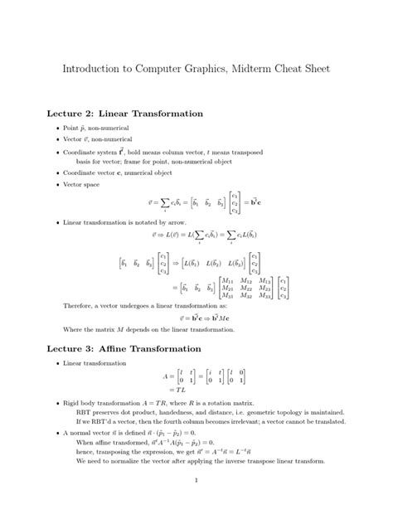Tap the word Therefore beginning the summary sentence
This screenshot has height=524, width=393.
81,306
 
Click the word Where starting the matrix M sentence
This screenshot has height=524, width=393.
74,329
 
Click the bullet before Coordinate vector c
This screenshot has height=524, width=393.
56,172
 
